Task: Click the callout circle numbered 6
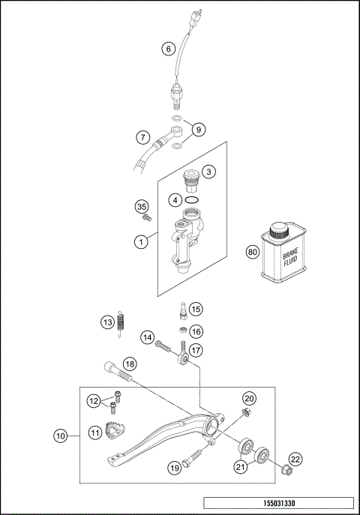pyautogui.click(x=169, y=49)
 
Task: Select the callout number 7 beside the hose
pyautogui.click(x=142, y=137)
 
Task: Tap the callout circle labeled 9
pyautogui.click(x=199, y=130)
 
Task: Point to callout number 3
pyautogui.click(x=209, y=172)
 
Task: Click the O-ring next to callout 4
pyautogui.click(x=192, y=200)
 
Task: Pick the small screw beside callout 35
pyautogui.click(x=146, y=218)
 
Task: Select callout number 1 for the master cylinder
pyautogui.click(x=139, y=241)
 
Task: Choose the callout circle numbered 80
pyautogui.click(x=253, y=253)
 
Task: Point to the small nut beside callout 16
pyautogui.click(x=181, y=329)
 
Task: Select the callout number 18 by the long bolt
pyautogui.click(x=130, y=364)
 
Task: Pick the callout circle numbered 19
pyautogui.click(x=173, y=469)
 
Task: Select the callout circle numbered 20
pyautogui.click(x=249, y=398)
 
